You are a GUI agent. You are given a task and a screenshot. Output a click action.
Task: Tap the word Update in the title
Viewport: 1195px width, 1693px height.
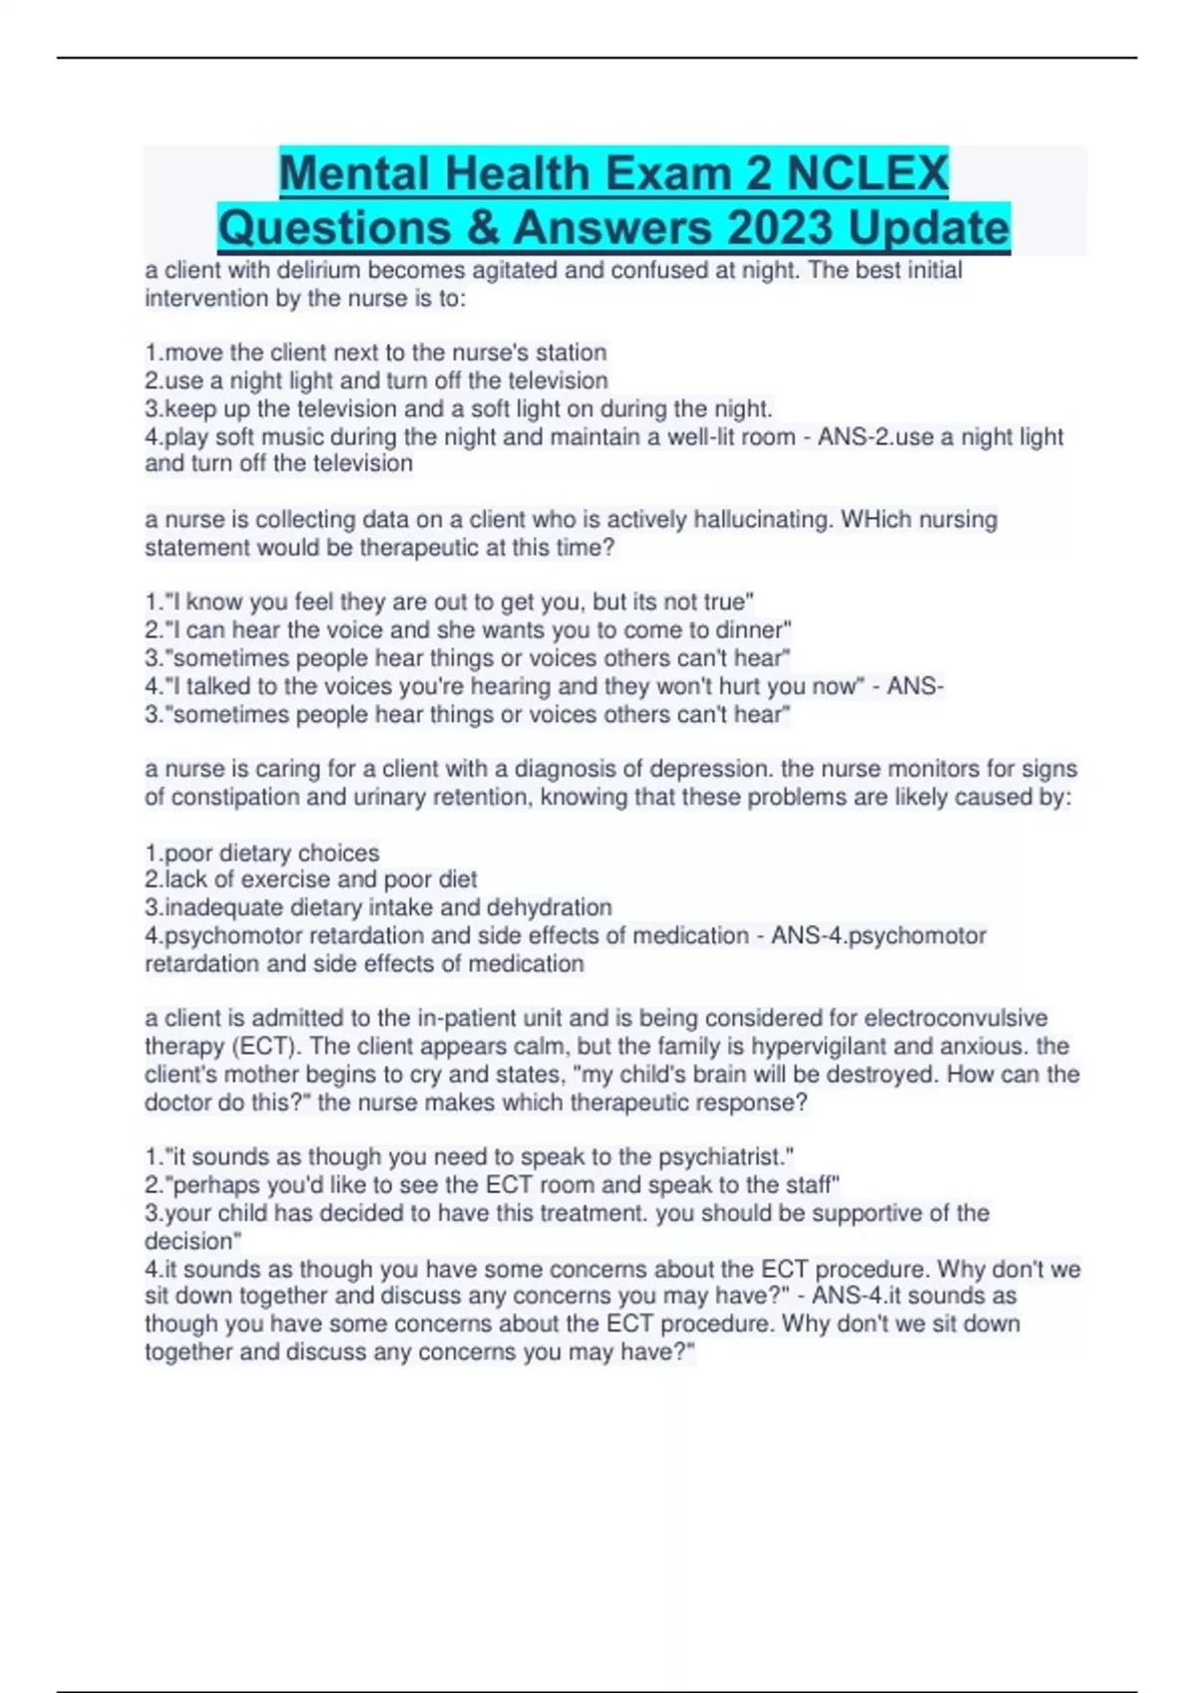928,228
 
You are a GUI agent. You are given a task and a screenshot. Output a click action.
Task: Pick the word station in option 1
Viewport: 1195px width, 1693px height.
572,353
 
